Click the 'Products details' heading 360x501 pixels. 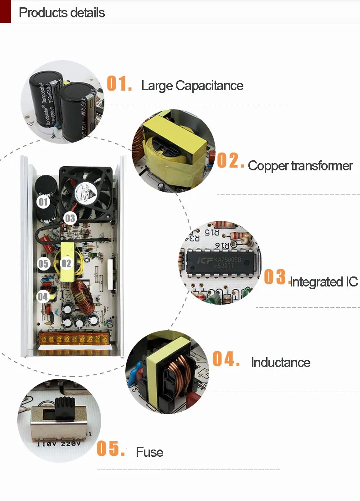pos(62,12)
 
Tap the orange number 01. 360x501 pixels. pos(119,84)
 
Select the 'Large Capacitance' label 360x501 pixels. pos(192,86)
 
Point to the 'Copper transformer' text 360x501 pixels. pos(300,166)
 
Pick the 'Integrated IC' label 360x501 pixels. pos(324,282)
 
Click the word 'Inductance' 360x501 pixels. pos(281,363)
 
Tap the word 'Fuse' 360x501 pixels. pos(149,452)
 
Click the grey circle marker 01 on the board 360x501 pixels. pos(43,201)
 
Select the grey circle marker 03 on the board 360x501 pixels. pos(70,218)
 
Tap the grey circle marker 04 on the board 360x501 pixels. pos(43,297)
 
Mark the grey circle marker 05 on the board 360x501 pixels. pos(43,264)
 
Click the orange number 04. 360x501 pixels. pos(226,359)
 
